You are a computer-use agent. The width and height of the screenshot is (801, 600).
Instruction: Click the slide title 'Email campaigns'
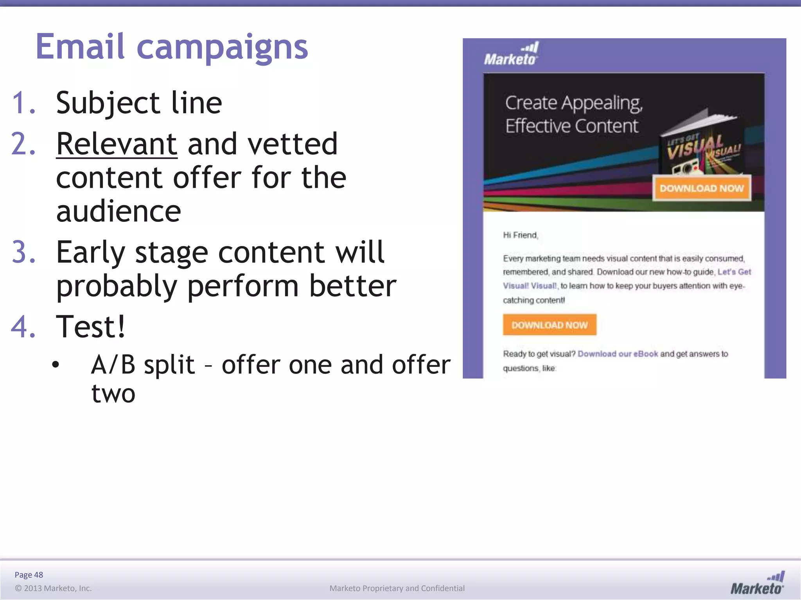pos(172,47)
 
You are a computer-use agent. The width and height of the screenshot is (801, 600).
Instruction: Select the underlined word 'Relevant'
pos(117,144)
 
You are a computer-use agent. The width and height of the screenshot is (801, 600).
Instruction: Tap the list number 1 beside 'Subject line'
pos(23,103)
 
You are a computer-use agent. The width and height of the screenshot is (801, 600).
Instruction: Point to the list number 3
pos(23,252)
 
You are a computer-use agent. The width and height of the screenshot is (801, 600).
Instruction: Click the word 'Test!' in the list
pos(91,327)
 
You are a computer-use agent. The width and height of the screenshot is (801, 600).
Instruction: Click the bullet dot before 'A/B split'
pos(56,365)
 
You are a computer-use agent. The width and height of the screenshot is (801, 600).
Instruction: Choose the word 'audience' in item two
pos(119,211)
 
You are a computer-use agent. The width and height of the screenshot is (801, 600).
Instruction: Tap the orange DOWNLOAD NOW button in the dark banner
pos(702,188)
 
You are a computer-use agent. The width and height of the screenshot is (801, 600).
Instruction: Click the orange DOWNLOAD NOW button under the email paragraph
pos(550,325)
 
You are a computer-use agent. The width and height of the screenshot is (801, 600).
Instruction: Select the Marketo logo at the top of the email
pos(511,54)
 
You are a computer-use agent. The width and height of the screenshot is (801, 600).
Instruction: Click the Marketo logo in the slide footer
pos(757,583)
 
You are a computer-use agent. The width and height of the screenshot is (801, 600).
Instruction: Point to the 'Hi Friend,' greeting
pos(521,235)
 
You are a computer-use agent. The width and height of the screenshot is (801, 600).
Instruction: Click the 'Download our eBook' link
pos(618,354)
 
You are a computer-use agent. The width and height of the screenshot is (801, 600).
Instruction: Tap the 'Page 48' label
pos(29,575)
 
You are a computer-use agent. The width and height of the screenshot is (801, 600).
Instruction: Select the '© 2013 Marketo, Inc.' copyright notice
pos(53,588)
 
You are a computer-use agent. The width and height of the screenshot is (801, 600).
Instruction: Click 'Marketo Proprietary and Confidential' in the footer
pos(397,588)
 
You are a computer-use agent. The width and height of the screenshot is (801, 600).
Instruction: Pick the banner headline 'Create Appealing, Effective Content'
pos(573,114)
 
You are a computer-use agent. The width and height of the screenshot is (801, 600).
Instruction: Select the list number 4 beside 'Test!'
pos(23,327)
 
